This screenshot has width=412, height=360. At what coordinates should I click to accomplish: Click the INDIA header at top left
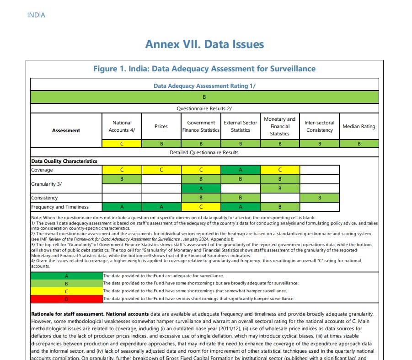(x=36, y=15)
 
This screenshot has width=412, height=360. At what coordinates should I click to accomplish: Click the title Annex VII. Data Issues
(x=204, y=44)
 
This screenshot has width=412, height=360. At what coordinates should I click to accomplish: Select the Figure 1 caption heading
(x=204, y=69)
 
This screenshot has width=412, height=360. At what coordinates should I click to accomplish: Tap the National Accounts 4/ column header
(x=122, y=126)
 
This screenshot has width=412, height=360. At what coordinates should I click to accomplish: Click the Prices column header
(x=161, y=126)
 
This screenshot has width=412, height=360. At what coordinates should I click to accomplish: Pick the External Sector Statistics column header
(x=241, y=126)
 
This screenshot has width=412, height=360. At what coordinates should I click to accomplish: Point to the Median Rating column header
(x=359, y=126)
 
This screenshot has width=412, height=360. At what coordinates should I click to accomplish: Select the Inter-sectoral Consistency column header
(x=320, y=126)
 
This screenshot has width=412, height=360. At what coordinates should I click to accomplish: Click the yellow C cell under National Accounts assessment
(x=122, y=144)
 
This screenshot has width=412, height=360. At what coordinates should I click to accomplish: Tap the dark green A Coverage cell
(x=241, y=170)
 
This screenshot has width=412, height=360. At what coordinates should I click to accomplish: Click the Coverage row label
(x=42, y=170)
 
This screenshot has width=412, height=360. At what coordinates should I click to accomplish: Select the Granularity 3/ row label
(x=47, y=183)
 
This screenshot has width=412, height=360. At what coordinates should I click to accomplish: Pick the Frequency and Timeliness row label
(x=60, y=207)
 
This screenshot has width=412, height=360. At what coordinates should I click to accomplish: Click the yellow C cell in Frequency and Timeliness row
(x=201, y=207)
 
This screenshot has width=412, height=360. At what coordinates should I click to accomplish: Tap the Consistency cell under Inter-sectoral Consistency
(x=320, y=198)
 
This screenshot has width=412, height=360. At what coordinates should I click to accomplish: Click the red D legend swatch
(x=67, y=299)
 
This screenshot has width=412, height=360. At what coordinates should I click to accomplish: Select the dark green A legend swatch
(x=67, y=276)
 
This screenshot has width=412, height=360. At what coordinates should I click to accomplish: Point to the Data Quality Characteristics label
(x=64, y=161)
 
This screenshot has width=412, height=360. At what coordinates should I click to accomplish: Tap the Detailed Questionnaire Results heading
(x=204, y=152)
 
